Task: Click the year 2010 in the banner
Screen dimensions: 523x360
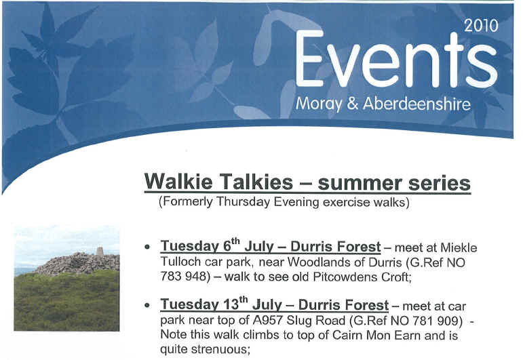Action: (x=482, y=26)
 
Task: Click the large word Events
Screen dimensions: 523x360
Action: (x=397, y=60)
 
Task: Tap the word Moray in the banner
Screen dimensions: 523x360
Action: (x=319, y=104)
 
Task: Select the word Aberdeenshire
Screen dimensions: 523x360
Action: (x=417, y=103)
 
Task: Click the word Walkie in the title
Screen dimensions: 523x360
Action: (x=178, y=182)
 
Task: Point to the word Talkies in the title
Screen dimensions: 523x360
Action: (x=256, y=182)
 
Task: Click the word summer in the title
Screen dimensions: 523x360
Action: (x=360, y=184)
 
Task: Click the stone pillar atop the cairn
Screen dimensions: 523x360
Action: (x=100, y=251)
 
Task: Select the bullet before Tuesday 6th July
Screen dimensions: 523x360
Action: (x=147, y=247)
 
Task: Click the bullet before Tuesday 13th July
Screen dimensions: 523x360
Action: (x=147, y=305)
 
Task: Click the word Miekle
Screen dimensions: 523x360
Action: (x=459, y=247)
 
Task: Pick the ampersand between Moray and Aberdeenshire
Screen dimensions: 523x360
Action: (x=353, y=104)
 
